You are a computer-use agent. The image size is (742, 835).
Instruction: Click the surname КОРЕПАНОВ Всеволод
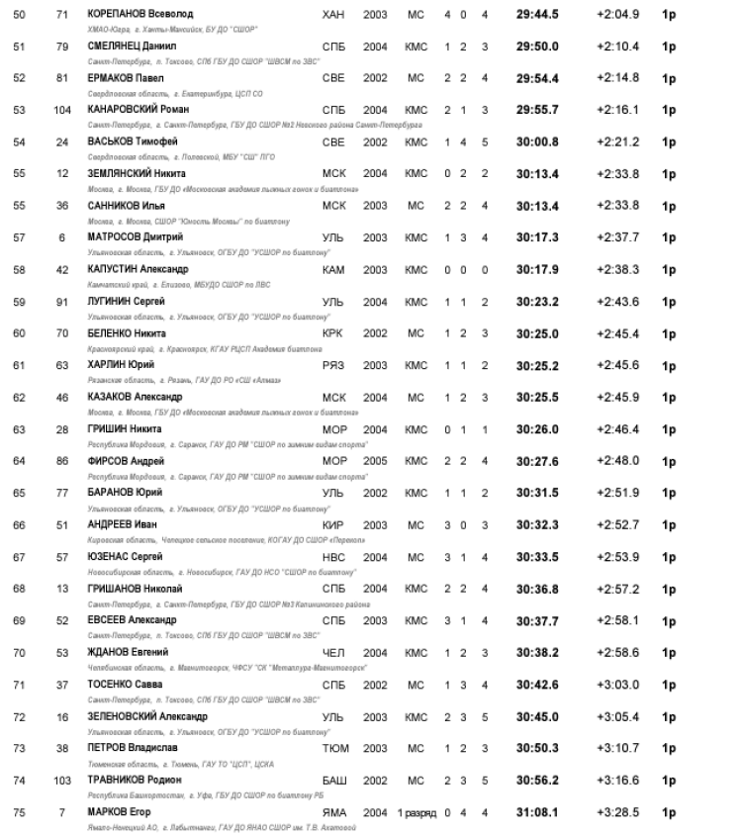click(x=140, y=15)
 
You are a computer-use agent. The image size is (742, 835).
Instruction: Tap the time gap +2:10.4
click(x=618, y=46)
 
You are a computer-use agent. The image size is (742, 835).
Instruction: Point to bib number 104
click(x=62, y=110)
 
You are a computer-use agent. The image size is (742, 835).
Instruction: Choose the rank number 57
click(x=19, y=237)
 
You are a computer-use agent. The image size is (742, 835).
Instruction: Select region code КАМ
click(x=333, y=269)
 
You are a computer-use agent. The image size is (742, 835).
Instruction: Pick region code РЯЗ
click(x=333, y=365)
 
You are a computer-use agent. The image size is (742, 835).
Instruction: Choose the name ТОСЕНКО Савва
click(x=124, y=684)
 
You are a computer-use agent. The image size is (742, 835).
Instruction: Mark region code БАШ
click(x=334, y=780)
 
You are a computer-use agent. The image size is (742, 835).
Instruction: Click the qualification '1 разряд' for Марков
click(x=417, y=812)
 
